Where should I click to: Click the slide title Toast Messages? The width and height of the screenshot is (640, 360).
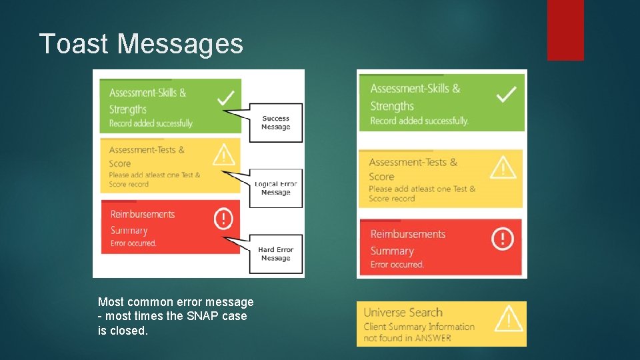click(x=141, y=44)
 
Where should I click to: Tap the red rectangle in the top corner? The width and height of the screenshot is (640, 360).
click(x=565, y=29)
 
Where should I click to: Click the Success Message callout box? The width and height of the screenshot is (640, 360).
click(x=275, y=123)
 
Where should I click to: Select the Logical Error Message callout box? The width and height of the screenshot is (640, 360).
click(x=275, y=188)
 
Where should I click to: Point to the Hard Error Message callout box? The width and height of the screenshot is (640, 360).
click(x=275, y=254)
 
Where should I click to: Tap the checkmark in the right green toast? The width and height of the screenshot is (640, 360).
click(x=507, y=95)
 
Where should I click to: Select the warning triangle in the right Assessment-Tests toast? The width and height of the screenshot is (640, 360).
click(x=503, y=167)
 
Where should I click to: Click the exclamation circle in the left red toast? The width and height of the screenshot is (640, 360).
click(x=223, y=218)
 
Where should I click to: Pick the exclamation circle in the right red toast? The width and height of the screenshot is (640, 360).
click(x=503, y=239)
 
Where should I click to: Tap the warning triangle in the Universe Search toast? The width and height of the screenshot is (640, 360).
click(x=509, y=319)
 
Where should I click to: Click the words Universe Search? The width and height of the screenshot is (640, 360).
click(x=403, y=312)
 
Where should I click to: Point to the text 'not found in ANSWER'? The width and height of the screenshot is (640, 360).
click(x=407, y=338)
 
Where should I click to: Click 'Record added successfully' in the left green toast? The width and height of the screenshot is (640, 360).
click(x=151, y=123)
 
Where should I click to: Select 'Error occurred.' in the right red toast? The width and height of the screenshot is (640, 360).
click(x=397, y=265)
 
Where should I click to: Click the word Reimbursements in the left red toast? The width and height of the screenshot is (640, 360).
click(x=143, y=214)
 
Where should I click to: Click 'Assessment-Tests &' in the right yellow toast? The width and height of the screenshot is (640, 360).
click(x=413, y=162)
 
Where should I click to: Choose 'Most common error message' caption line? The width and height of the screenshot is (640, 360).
click(x=175, y=302)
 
